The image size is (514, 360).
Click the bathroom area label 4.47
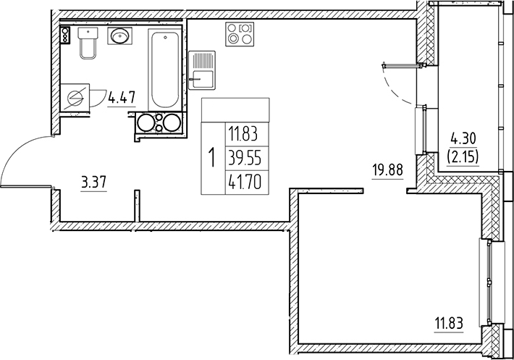[x=122, y=96]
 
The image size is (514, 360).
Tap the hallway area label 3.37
[x=94, y=183]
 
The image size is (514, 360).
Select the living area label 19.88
[x=387, y=172]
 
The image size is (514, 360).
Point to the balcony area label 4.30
[x=463, y=138]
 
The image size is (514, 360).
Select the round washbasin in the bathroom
[x=119, y=35]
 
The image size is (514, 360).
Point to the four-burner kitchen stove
[x=240, y=33]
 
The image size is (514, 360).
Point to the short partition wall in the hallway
[x=135, y=206]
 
